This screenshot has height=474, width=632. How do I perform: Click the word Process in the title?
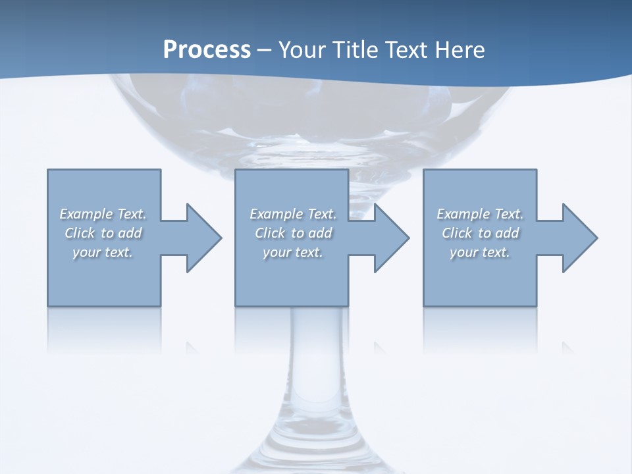point(207,50)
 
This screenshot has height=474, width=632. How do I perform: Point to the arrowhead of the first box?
point(203,238)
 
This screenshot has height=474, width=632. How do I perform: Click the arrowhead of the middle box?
point(391,238)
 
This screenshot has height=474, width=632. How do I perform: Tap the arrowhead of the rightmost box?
point(579,238)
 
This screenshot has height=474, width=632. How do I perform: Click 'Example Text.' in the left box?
point(103,214)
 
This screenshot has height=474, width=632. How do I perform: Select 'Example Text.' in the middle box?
point(293,214)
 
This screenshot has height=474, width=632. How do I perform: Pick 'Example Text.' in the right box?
point(480,214)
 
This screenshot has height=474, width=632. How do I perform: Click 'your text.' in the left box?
point(103,252)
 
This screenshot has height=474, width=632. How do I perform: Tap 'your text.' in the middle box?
point(293,252)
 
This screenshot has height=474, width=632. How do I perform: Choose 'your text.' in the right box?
point(480,252)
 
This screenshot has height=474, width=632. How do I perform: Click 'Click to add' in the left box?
point(103,233)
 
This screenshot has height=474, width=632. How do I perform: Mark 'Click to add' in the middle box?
point(293,233)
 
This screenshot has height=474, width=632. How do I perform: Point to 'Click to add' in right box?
point(480,233)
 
